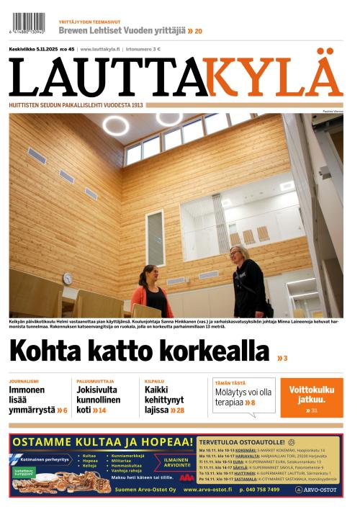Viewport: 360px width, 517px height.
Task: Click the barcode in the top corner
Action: pos(28,22)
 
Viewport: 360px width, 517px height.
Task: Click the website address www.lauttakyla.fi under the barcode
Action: pos(100,49)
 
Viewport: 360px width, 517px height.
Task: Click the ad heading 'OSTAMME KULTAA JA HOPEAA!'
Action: pos(102,441)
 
